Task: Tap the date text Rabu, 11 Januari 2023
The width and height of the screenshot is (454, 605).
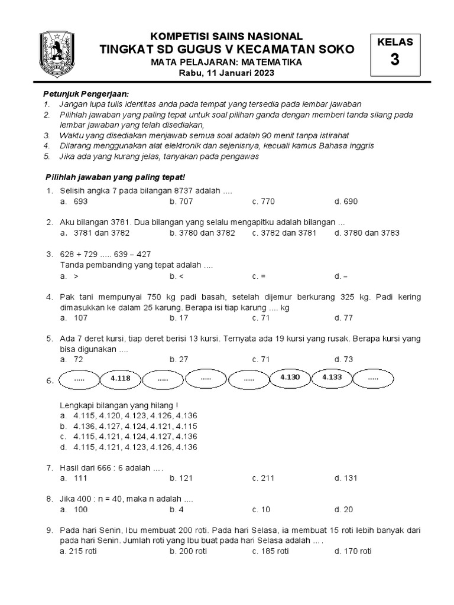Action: (x=227, y=73)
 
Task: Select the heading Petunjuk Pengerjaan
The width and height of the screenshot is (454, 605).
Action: (x=86, y=94)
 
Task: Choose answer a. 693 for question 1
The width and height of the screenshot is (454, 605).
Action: (x=74, y=201)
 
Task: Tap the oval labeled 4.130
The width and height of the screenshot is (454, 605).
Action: (x=290, y=376)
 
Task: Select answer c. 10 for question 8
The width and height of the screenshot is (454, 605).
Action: (x=261, y=509)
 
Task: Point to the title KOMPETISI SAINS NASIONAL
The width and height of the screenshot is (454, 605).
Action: (x=226, y=37)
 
